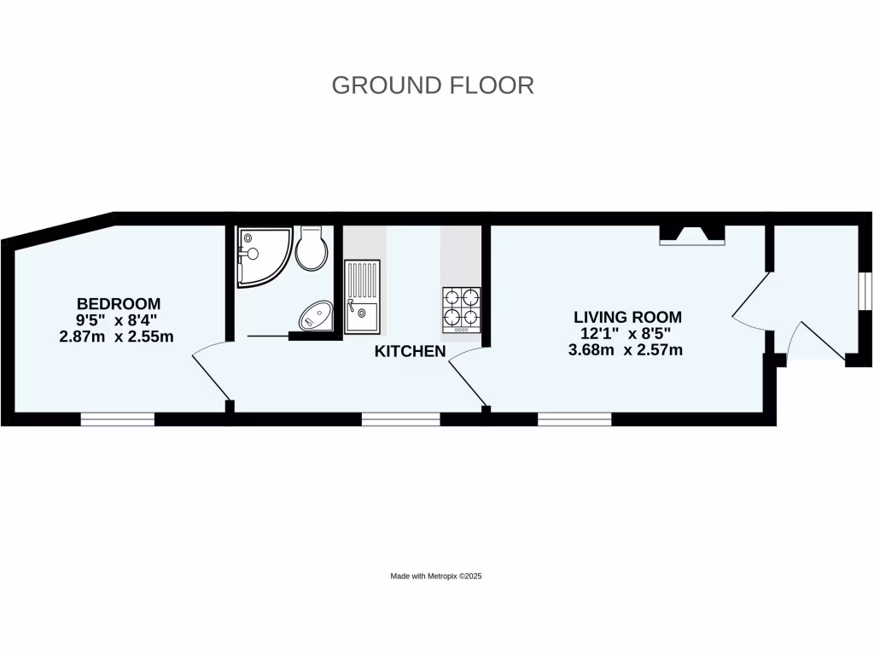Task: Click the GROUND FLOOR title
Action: (x=433, y=85)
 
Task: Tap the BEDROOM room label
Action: (x=119, y=303)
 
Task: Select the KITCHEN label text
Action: (x=411, y=351)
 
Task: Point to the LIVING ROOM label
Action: (x=627, y=317)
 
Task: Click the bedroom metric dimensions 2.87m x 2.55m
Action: (x=116, y=336)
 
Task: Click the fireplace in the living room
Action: (x=692, y=235)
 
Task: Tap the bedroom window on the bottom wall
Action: (x=118, y=419)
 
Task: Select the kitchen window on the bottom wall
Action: (x=401, y=419)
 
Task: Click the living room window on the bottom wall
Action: (x=574, y=419)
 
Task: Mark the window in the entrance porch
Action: (x=865, y=290)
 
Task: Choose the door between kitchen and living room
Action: (x=467, y=376)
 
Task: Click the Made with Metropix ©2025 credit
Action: (x=437, y=577)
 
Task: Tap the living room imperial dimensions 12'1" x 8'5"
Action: (x=627, y=333)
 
